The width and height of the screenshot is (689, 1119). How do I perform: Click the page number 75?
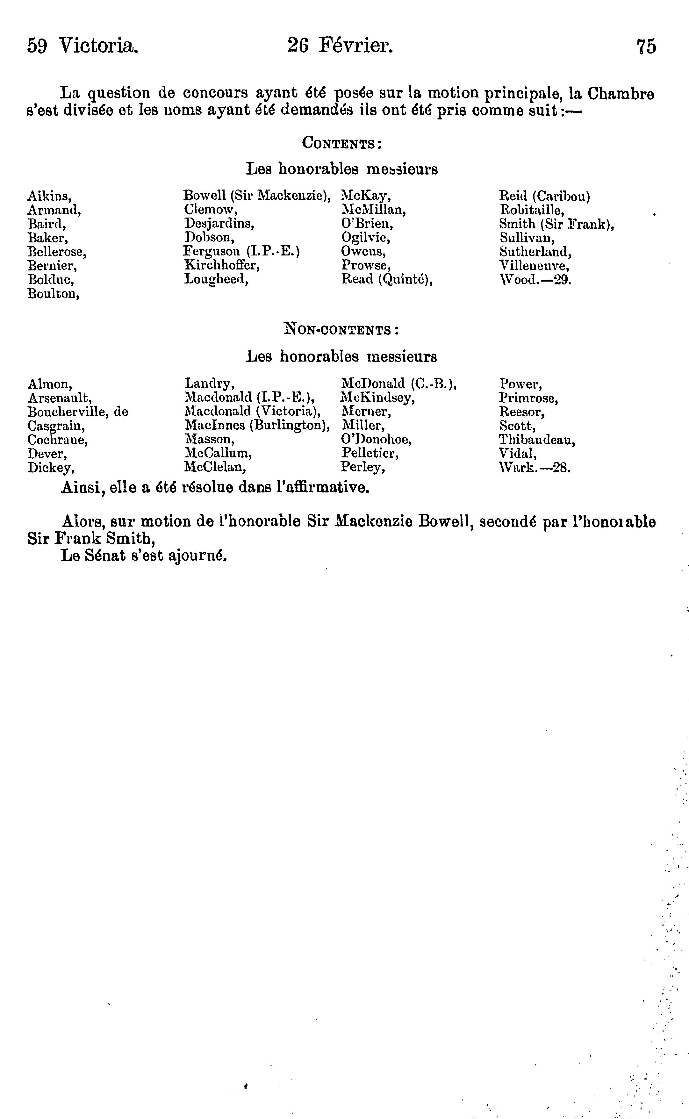click(647, 47)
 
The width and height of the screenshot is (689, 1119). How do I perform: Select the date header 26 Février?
click(340, 46)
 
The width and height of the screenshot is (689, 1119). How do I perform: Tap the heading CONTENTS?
click(341, 144)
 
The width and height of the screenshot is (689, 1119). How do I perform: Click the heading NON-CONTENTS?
click(341, 329)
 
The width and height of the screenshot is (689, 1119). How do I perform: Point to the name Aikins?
click(49, 196)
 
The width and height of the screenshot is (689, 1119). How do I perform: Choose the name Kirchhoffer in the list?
click(221, 265)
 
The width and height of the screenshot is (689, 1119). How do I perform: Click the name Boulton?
click(53, 294)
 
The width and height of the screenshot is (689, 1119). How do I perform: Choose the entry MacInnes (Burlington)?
click(257, 426)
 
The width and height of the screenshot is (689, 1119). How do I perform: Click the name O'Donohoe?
click(376, 440)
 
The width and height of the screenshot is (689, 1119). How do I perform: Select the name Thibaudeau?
click(537, 440)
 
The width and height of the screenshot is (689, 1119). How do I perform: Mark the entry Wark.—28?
click(535, 468)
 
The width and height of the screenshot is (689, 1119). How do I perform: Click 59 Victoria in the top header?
click(83, 46)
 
